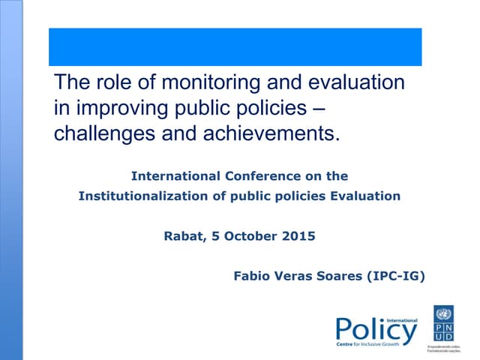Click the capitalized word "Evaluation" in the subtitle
pyautogui.click(x=365, y=196)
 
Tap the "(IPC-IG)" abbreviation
pyautogui.click(x=394, y=276)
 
